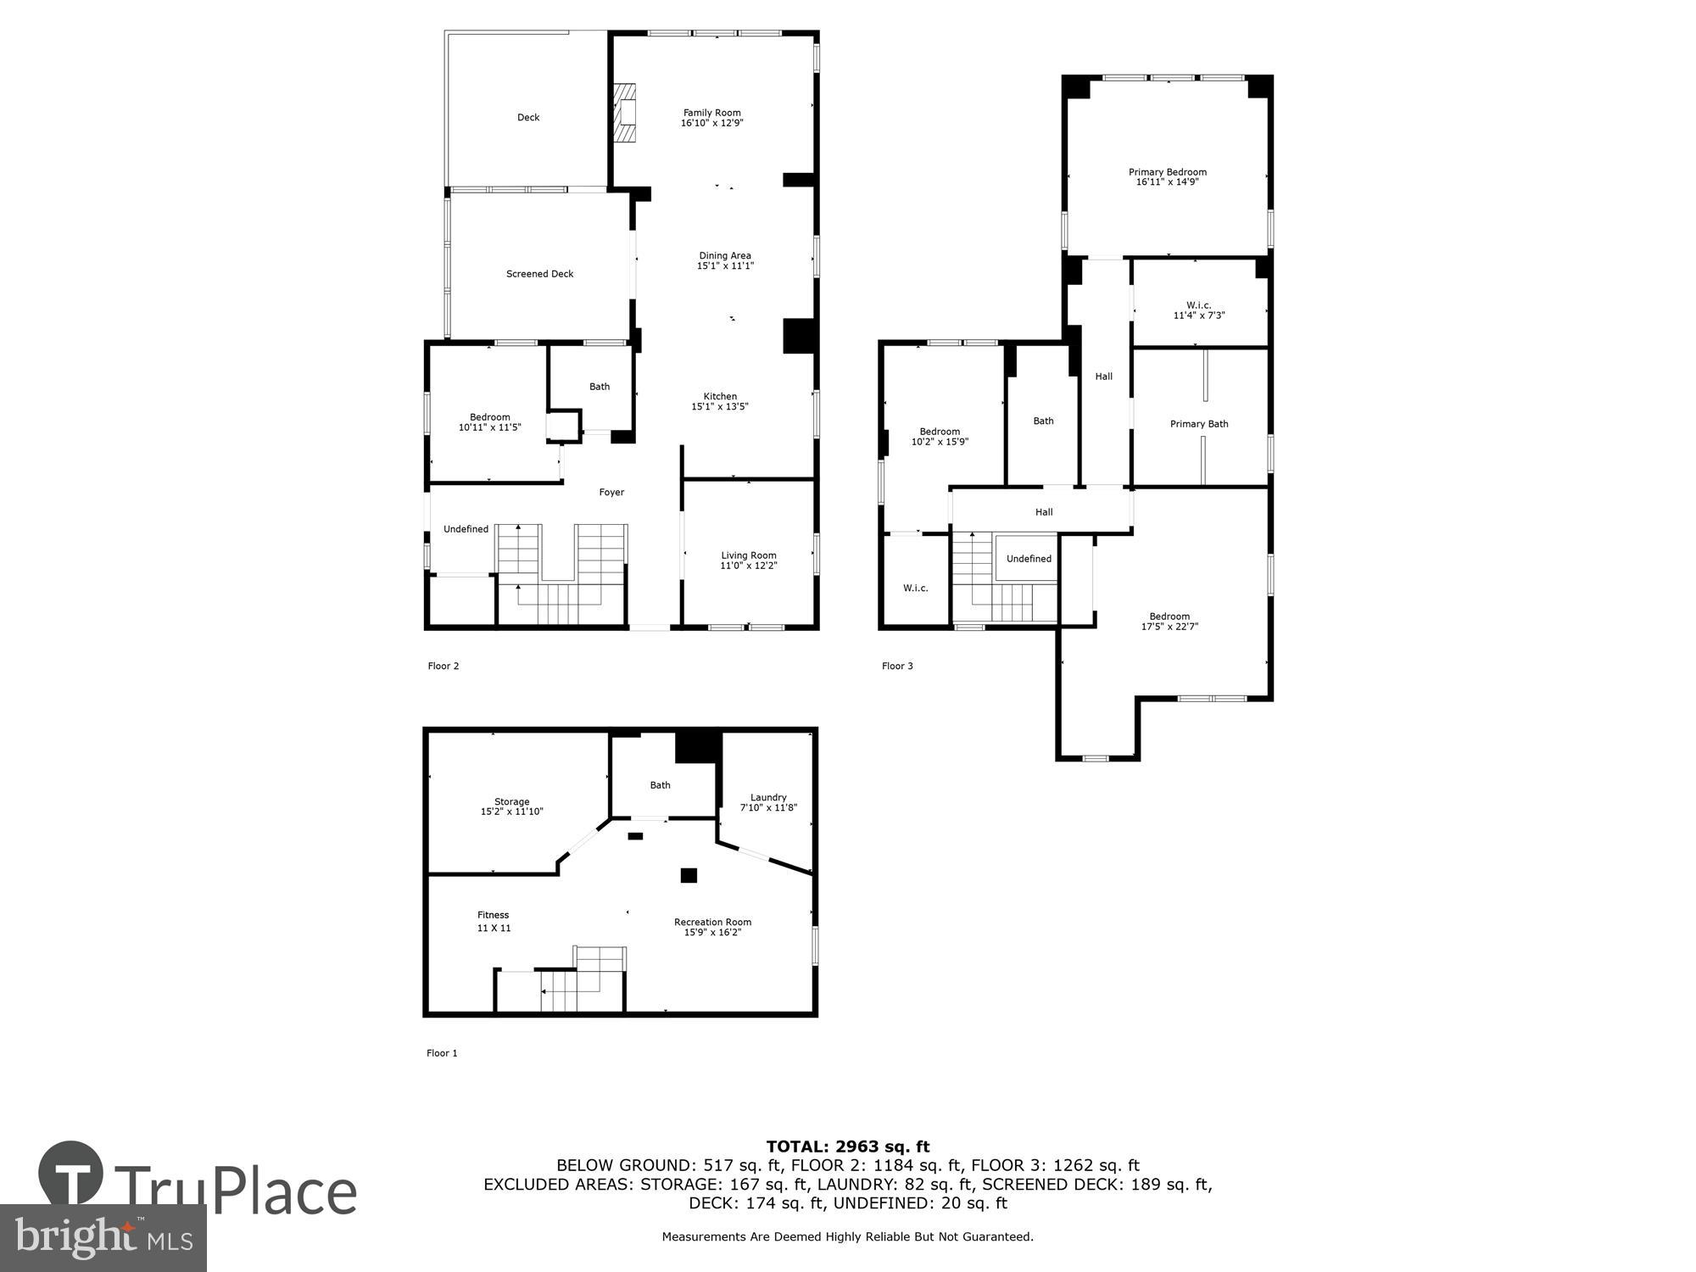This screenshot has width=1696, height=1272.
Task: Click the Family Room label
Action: (711, 113)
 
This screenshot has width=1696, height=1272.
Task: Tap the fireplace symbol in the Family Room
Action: (625, 113)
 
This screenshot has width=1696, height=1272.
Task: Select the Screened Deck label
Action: (539, 274)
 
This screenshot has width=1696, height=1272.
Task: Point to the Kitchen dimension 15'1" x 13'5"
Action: (719, 407)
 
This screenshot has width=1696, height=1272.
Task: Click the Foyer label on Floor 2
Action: (611, 493)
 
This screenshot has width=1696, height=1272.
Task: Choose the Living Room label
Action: (748, 555)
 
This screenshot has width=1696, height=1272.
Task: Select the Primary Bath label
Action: (1198, 424)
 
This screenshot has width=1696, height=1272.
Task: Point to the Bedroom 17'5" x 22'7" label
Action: (1169, 622)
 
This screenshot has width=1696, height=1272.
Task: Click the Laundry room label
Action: (768, 797)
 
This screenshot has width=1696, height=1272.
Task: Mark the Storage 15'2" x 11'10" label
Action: (511, 806)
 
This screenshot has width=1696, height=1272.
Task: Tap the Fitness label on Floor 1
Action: (493, 915)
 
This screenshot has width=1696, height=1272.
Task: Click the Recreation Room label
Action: (712, 923)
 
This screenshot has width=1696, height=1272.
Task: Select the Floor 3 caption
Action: (896, 666)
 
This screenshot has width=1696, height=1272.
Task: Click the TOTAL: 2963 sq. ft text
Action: (847, 1147)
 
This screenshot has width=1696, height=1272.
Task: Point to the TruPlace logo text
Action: (235, 1191)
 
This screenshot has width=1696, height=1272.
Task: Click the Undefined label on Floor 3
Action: (1028, 559)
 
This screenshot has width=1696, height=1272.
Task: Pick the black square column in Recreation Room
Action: (688, 875)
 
